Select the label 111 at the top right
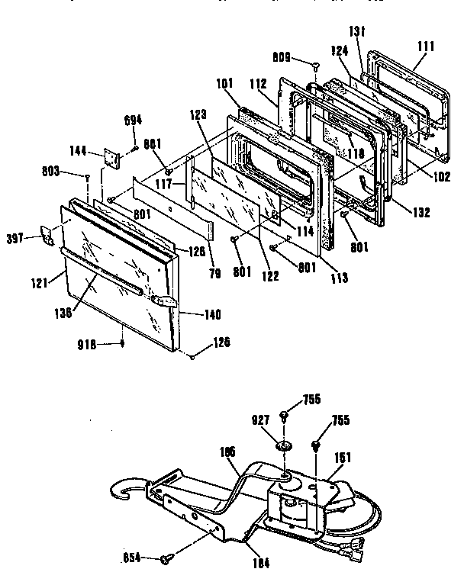point(426,47)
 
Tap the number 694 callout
point(133,120)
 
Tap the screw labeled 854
point(166,560)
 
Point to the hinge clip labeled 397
point(49,237)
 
